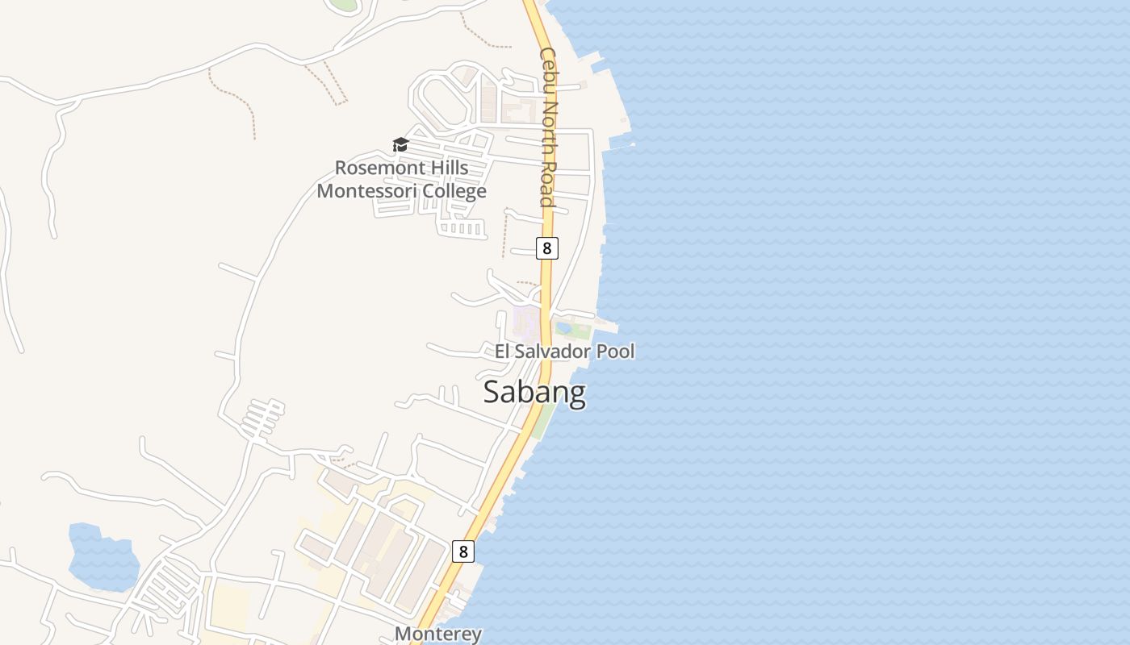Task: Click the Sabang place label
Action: (534, 393)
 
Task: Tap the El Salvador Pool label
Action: (565, 352)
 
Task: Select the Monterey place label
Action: (438, 634)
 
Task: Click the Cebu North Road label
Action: (548, 127)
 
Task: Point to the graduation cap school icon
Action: (400, 145)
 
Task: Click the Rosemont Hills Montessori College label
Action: (401, 180)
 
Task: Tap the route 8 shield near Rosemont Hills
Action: (546, 248)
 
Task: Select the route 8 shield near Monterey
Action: (462, 551)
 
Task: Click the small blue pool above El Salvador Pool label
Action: (563, 328)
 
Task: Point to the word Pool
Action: (615, 352)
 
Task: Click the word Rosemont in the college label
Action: (378, 168)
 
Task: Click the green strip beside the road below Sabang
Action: (544, 419)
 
